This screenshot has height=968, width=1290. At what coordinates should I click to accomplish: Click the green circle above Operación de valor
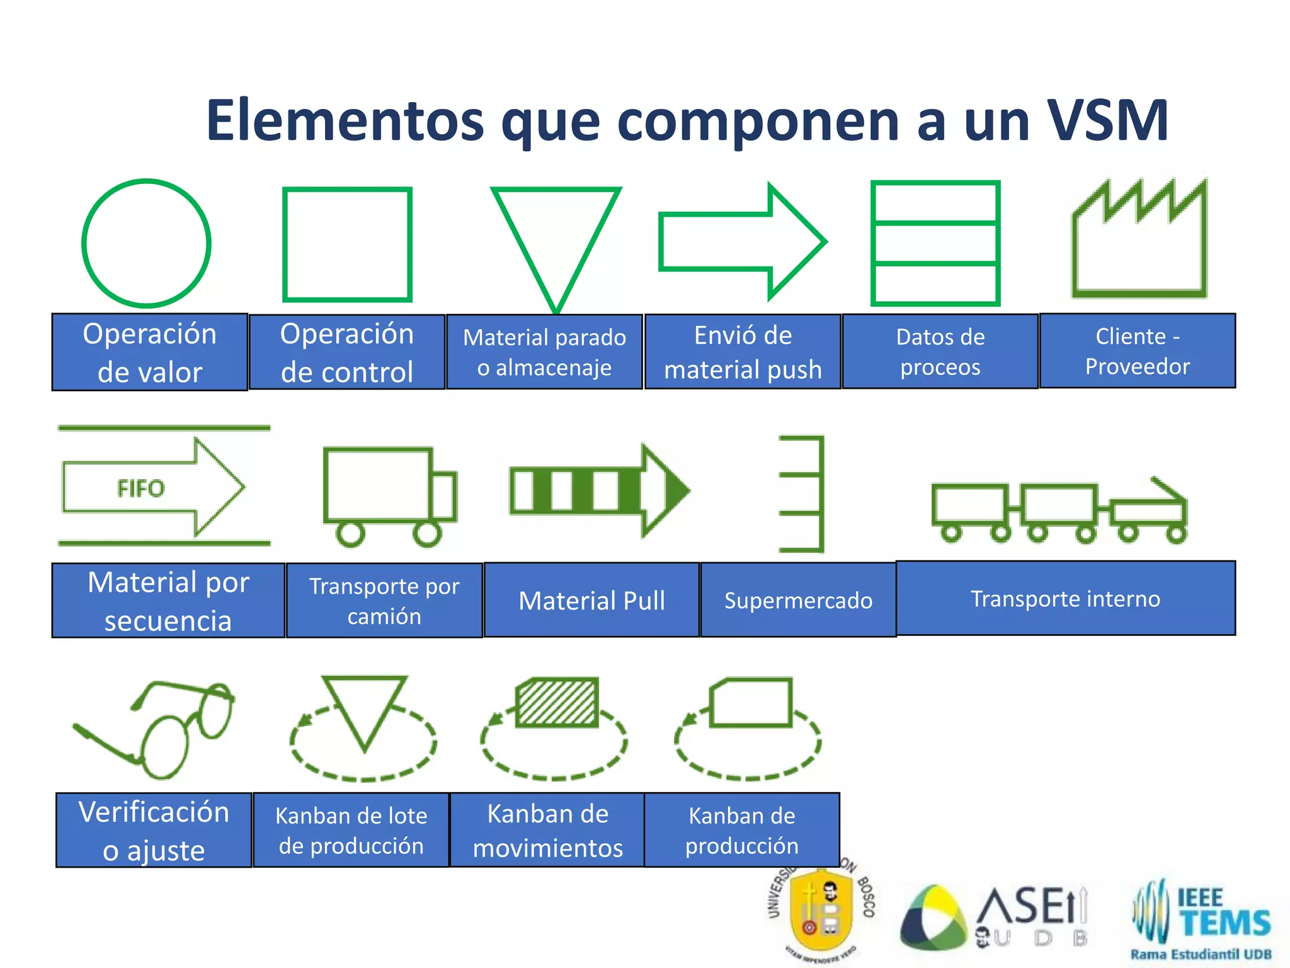coord(146,243)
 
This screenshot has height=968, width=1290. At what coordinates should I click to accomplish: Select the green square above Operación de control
coord(347,244)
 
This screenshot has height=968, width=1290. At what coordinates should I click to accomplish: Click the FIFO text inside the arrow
coord(140,488)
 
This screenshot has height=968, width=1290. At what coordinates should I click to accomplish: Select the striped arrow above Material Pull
coord(598,490)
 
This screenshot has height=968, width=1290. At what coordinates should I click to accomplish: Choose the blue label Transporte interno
coord(1065,598)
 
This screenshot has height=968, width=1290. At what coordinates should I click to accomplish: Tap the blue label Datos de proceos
coord(940,352)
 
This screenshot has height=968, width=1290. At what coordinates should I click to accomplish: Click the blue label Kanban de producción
coord(741,830)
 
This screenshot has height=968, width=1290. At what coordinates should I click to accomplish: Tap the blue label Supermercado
coord(798,600)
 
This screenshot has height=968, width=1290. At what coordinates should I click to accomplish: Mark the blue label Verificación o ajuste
coord(154,830)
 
